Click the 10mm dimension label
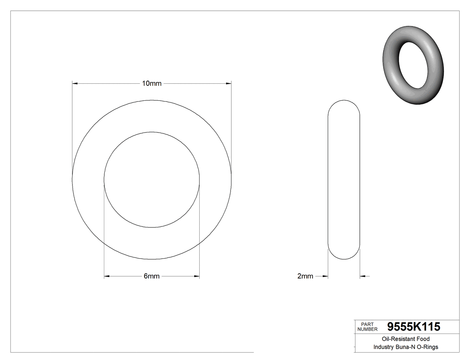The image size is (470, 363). [x=151, y=83]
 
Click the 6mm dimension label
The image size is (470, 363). [x=151, y=276]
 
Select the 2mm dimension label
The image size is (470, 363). [x=305, y=276]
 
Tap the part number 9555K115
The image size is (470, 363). [x=414, y=327]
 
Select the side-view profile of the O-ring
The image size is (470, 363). [x=344, y=179]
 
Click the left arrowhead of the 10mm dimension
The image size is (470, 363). [x=75, y=83]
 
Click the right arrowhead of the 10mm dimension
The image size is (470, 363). [x=228, y=83]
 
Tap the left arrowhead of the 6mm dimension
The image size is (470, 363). [x=107, y=276]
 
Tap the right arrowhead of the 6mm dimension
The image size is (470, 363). [x=197, y=276]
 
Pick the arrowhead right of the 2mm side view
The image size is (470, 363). [x=363, y=276]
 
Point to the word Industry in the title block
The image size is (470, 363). [x=383, y=347]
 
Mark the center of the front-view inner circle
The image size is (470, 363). [x=152, y=179]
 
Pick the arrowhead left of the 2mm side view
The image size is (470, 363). [x=325, y=276]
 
